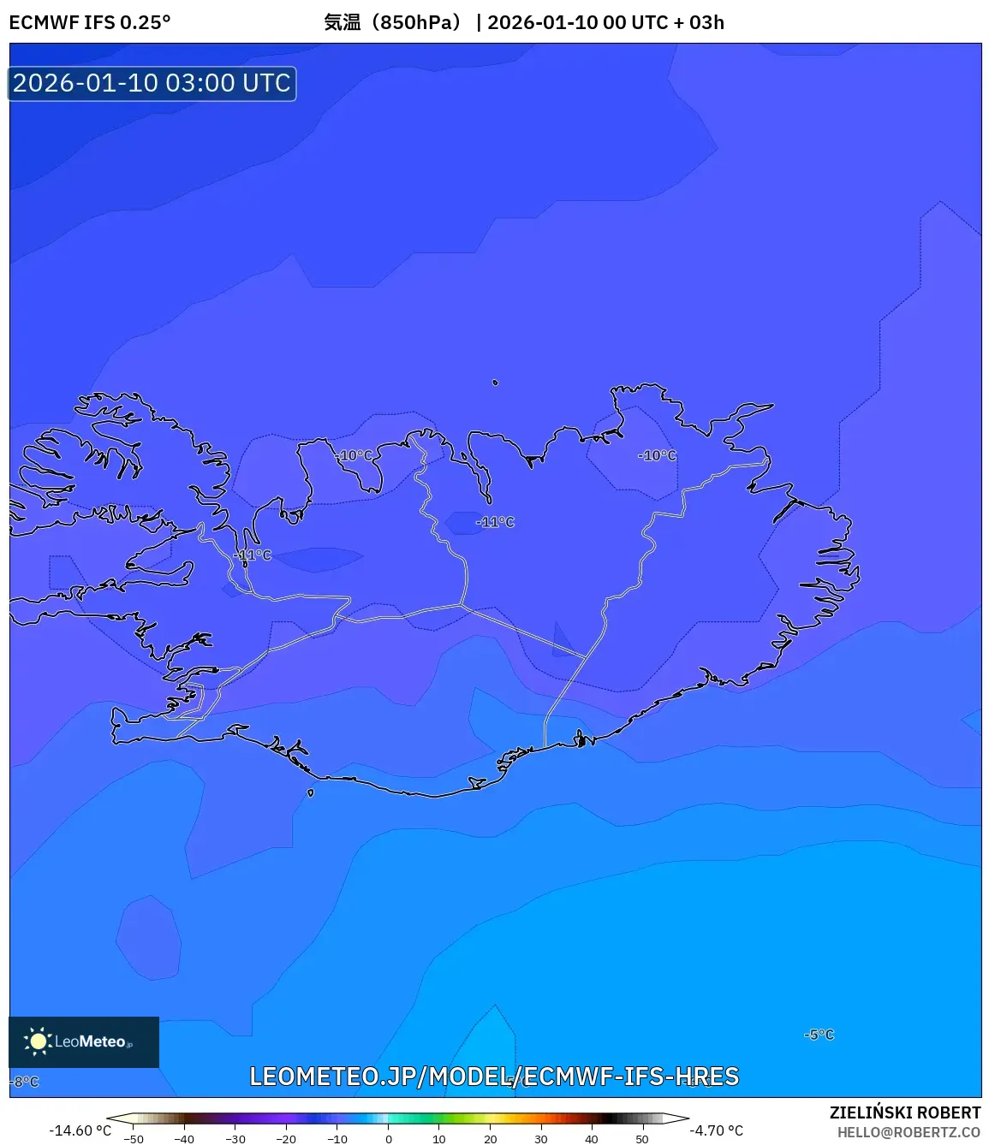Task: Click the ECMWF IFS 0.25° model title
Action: pyautogui.click(x=90, y=22)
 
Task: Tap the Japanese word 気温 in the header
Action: pyautogui.click(x=342, y=22)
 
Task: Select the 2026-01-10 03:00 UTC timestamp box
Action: pyautogui.click(x=152, y=84)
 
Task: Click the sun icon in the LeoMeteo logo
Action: pyautogui.click(x=38, y=1041)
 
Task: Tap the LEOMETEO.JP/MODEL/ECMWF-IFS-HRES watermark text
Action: pyautogui.click(x=494, y=1077)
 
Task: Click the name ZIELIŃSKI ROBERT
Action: pyautogui.click(x=905, y=1112)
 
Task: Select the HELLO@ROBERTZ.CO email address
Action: pyautogui.click(x=909, y=1132)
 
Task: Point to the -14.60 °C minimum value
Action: pyautogui.click(x=80, y=1130)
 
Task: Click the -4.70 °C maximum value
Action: pyautogui.click(x=717, y=1130)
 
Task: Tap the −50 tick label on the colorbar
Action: pyautogui.click(x=134, y=1139)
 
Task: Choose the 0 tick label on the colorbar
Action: pyautogui.click(x=389, y=1139)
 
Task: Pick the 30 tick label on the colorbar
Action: pyautogui.click(x=540, y=1139)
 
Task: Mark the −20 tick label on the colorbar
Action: pyautogui.click(x=286, y=1139)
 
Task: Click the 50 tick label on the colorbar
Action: pyautogui.click(x=642, y=1139)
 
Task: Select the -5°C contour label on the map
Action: pyautogui.click(x=819, y=1035)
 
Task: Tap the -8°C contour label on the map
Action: pyautogui.click(x=26, y=1082)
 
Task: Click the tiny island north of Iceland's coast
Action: pyautogui.click(x=495, y=383)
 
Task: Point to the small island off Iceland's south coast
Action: pyautogui.click(x=310, y=792)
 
